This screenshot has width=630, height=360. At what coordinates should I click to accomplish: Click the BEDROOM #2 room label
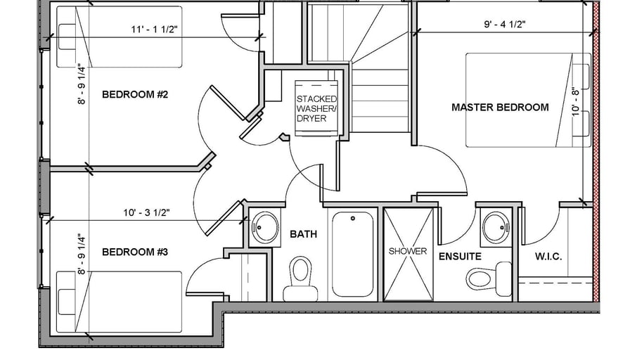click(x=135, y=95)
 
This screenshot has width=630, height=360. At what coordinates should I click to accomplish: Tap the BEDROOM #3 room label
click(x=135, y=252)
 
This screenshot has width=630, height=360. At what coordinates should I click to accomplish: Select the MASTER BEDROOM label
click(x=500, y=108)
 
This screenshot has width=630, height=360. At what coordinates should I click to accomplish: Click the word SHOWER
click(x=408, y=251)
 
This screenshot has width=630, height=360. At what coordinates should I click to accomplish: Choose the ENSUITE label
click(x=460, y=257)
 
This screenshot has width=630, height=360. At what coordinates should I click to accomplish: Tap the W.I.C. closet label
click(x=548, y=257)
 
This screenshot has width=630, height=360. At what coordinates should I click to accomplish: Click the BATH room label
click(x=303, y=234)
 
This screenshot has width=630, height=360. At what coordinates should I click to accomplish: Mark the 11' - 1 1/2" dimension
click(x=154, y=30)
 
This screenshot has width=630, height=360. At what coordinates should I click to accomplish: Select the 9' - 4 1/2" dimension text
click(x=505, y=24)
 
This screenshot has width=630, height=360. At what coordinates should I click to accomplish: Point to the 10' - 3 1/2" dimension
click(x=147, y=212)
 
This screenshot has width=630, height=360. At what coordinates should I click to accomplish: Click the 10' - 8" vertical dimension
click(x=577, y=102)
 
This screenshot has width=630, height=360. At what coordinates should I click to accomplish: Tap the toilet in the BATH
click(x=300, y=279)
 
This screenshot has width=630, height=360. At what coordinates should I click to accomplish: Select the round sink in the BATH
click(x=265, y=226)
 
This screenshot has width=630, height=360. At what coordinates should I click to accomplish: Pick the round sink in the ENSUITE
click(x=496, y=227)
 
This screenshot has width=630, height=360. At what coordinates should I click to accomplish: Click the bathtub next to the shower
click(x=353, y=254)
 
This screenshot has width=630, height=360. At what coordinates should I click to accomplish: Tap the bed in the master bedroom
click(x=528, y=100)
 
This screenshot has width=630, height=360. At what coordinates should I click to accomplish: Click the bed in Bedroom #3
click(x=119, y=302)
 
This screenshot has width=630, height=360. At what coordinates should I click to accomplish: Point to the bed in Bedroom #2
click(x=119, y=37)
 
